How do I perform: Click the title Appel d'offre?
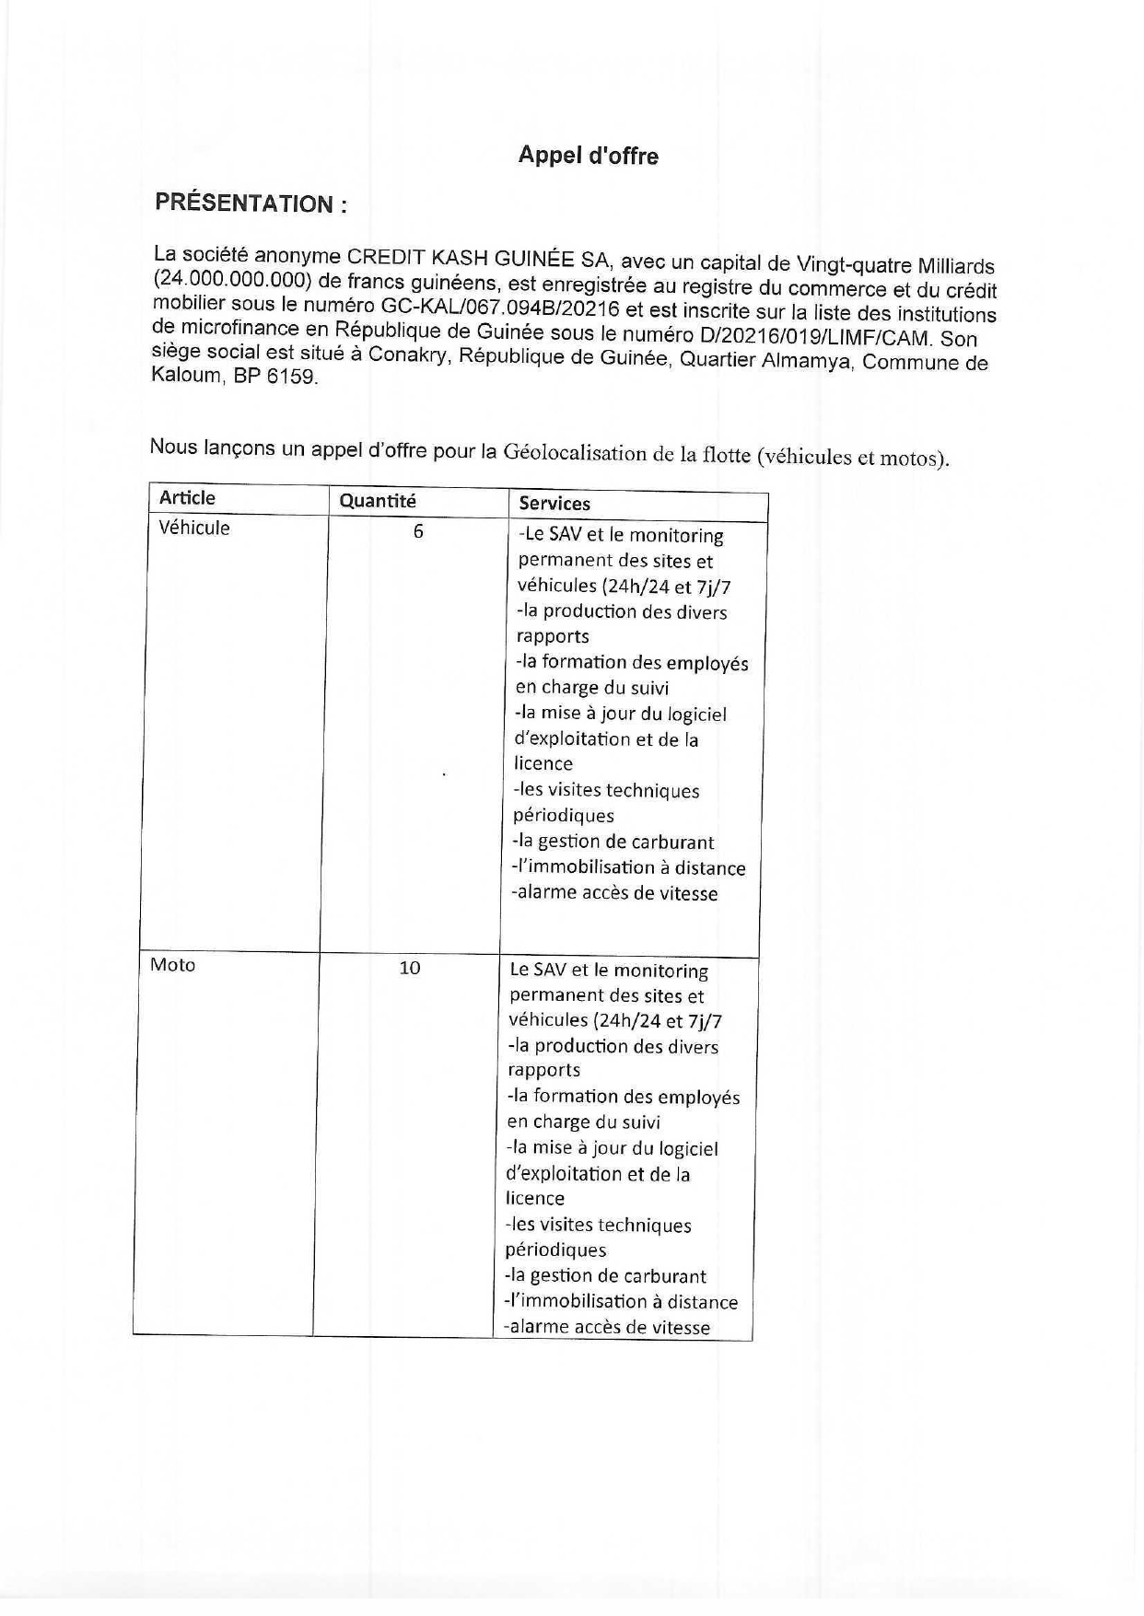pos(588,156)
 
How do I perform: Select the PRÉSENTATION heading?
pos(251,203)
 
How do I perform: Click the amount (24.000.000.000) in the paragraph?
pos(229,279)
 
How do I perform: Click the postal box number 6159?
pos(292,378)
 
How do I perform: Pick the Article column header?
pos(187,498)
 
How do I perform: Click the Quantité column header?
pos(378,501)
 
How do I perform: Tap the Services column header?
pos(554,504)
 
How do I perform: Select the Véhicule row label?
pos(194,529)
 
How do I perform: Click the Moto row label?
pos(173,965)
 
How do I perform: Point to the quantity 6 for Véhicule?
pos(418,531)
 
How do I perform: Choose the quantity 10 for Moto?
pos(410,968)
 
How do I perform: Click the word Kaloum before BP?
pos(186,376)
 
